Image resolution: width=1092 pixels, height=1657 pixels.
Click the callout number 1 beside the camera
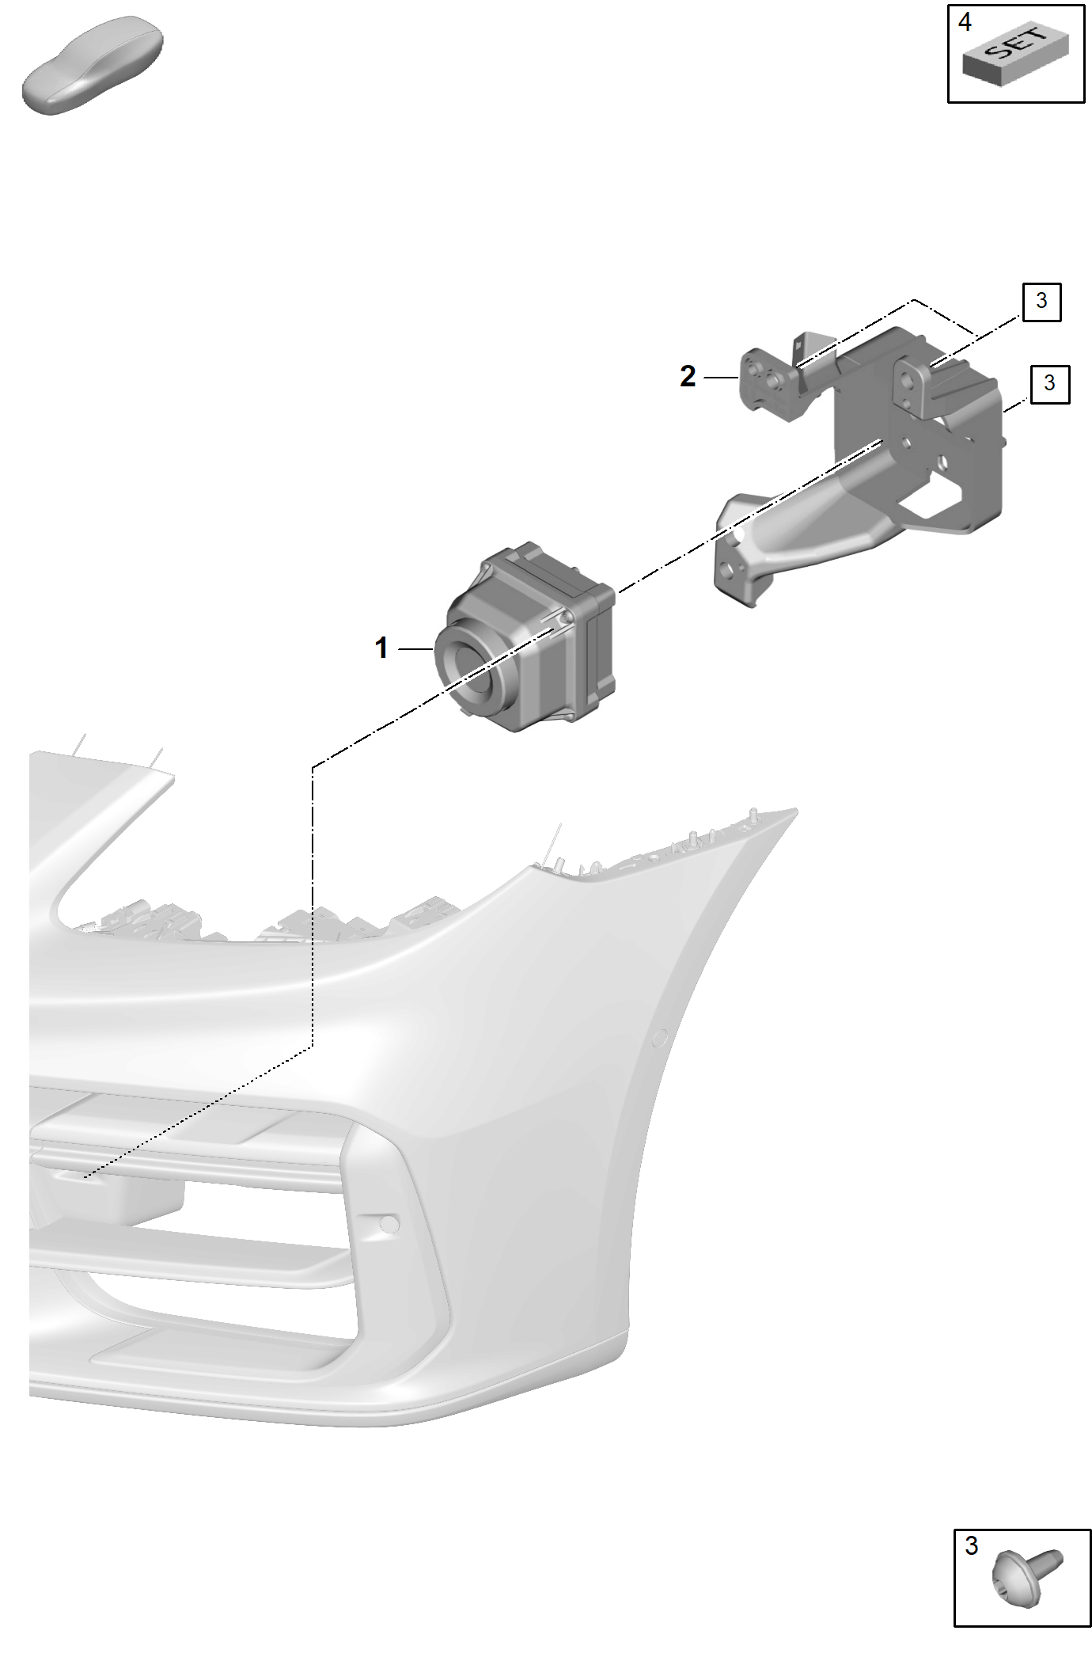coord(381,648)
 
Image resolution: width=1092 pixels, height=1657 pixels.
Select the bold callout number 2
coord(688,376)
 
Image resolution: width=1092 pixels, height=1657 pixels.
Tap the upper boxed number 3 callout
coord(1041,301)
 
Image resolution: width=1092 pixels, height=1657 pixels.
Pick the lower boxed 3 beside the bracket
coord(1049,383)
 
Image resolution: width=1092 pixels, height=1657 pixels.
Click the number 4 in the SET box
coord(965,21)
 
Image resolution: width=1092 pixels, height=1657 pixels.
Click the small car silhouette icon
coord(93,67)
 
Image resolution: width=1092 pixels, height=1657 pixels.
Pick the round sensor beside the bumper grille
coord(389,1224)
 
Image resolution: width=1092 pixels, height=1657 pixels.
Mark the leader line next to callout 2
coord(721,378)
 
